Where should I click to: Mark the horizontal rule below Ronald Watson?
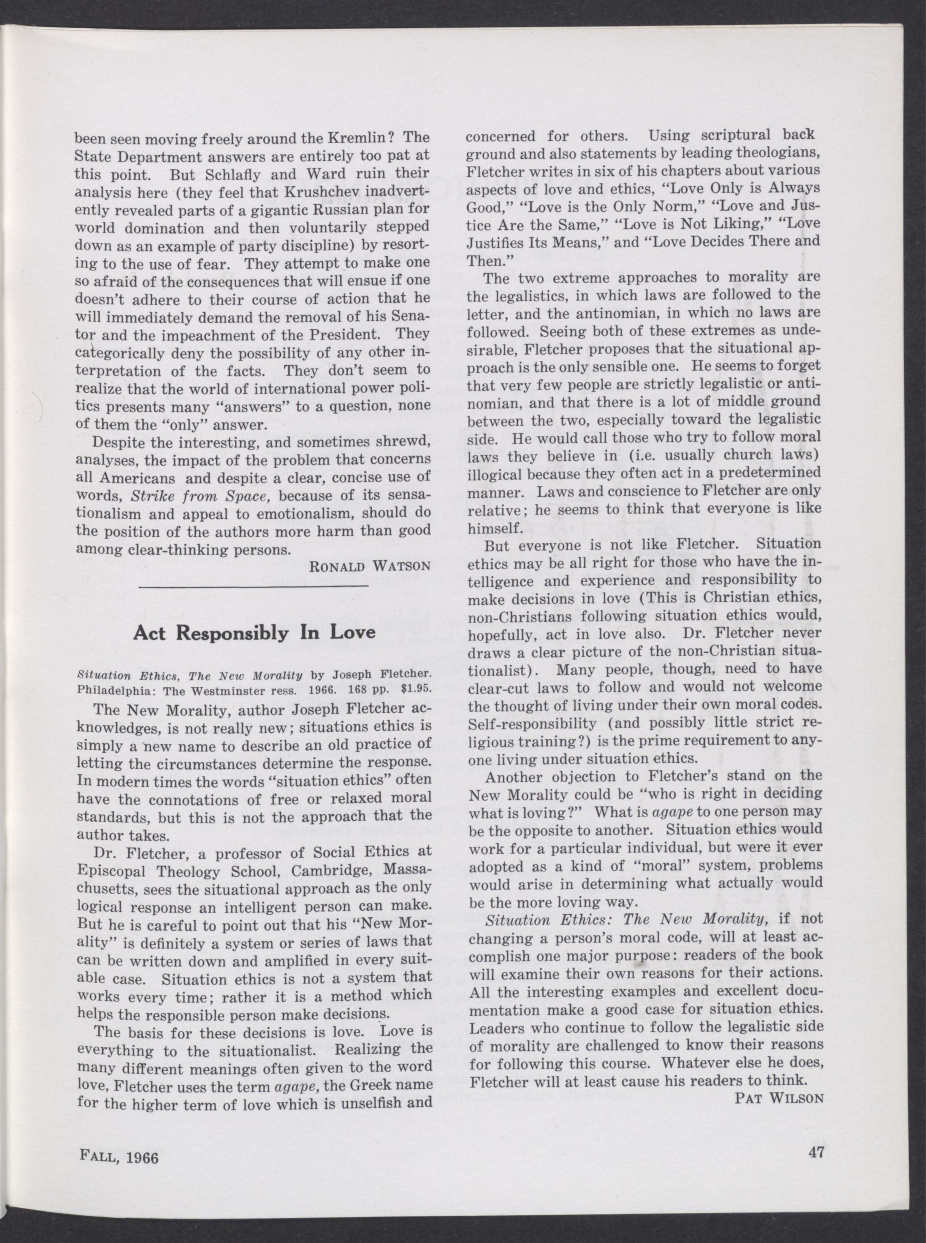253,586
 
